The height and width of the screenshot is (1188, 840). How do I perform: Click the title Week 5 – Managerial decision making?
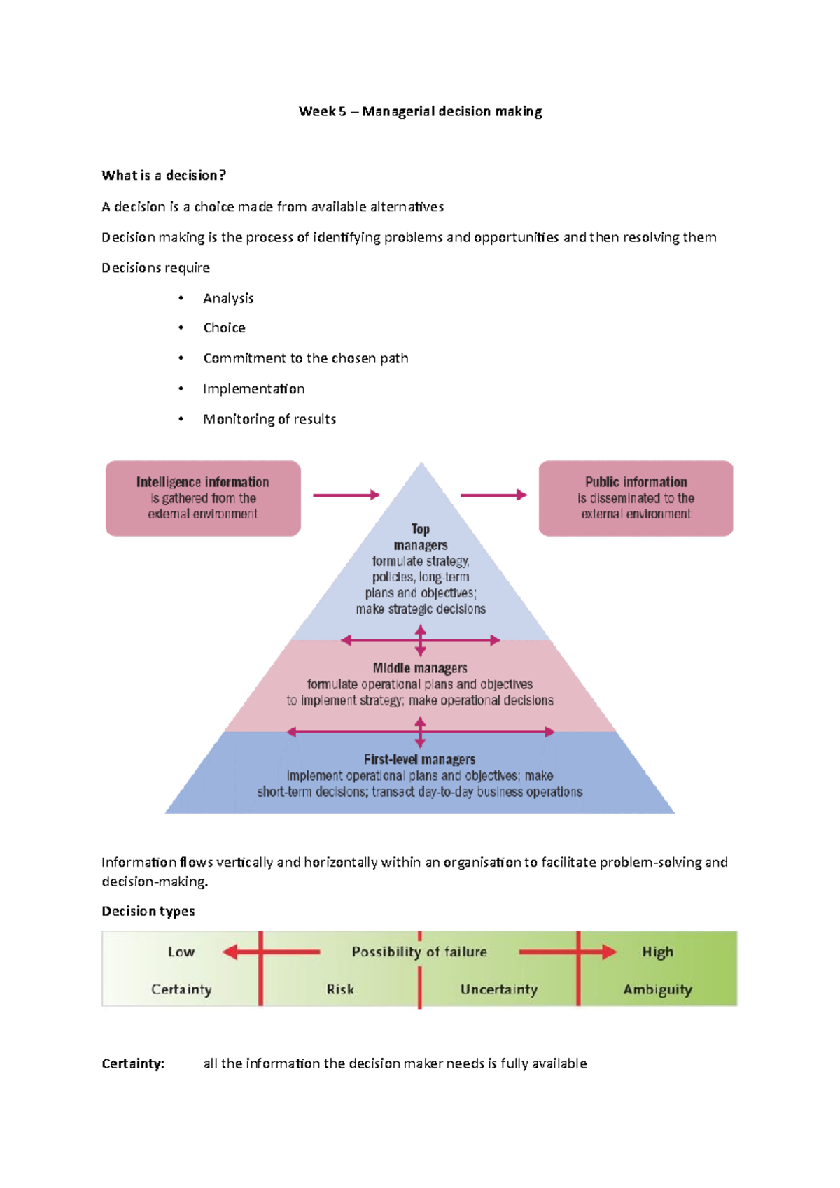[x=420, y=111]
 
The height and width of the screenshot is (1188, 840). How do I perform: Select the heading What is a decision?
[x=164, y=176]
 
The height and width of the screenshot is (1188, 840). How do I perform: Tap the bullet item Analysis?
[x=228, y=298]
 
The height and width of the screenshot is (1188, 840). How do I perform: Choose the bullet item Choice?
[x=224, y=328]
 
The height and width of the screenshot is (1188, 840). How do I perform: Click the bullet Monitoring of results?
[x=269, y=419]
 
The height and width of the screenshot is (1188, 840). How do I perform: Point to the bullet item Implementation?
[x=253, y=389]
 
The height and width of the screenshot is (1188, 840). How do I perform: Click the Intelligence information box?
[x=203, y=498]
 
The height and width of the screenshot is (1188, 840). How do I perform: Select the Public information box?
[x=636, y=498]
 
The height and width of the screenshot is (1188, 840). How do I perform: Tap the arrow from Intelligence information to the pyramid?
[x=346, y=495]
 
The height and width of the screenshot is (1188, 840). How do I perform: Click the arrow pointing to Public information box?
[x=493, y=495]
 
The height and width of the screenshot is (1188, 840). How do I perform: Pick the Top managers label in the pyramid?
[x=420, y=537]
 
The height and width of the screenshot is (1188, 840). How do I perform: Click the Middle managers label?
[x=420, y=668]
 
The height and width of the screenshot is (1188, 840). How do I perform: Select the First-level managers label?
[x=419, y=759]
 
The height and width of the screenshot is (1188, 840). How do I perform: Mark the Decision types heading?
[x=148, y=911]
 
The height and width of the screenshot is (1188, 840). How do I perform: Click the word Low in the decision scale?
[x=181, y=952]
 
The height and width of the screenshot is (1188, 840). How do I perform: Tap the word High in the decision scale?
[x=657, y=952]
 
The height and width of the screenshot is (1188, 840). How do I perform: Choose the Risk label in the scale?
[x=340, y=989]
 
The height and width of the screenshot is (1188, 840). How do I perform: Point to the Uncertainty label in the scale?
[x=499, y=989]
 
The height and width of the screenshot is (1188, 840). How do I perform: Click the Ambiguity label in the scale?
[x=657, y=989]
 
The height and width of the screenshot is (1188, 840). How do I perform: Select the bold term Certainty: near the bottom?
[x=133, y=1063]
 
